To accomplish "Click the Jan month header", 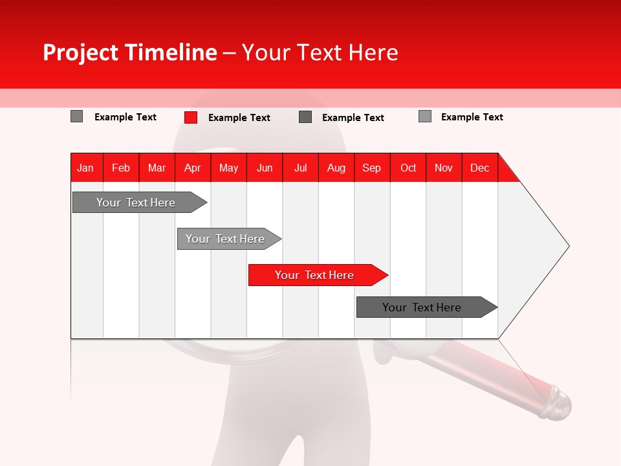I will pyautogui.click(x=85, y=168).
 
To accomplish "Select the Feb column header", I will pyautogui.click(x=121, y=168).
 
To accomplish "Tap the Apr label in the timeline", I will pyautogui.click(x=192, y=168).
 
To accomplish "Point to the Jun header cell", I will pyautogui.click(x=265, y=168).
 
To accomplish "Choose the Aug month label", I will pyautogui.click(x=336, y=168).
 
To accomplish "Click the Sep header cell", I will pyautogui.click(x=371, y=168).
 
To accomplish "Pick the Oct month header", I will pyautogui.click(x=408, y=168).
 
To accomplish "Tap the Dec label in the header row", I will pyautogui.click(x=479, y=168).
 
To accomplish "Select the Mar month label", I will pyautogui.click(x=157, y=168).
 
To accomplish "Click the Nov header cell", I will pyautogui.click(x=443, y=168).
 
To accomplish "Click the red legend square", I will pyautogui.click(x=191, y=117).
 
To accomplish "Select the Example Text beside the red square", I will pyautogui.click(x=239, y=118).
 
